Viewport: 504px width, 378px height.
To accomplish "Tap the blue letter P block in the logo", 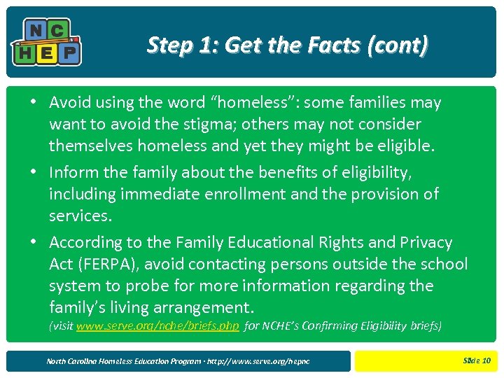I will tap(70, 52).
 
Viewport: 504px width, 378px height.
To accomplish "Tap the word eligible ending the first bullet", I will tap(408, 146).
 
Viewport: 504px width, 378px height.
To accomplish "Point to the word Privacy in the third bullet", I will tap(426, 243).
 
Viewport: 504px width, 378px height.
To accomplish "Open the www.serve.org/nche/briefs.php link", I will tap(157, 326).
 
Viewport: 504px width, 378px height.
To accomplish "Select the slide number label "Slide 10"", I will tap(477, 361).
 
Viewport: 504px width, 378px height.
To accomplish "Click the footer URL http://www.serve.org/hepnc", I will tap(262, 361).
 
